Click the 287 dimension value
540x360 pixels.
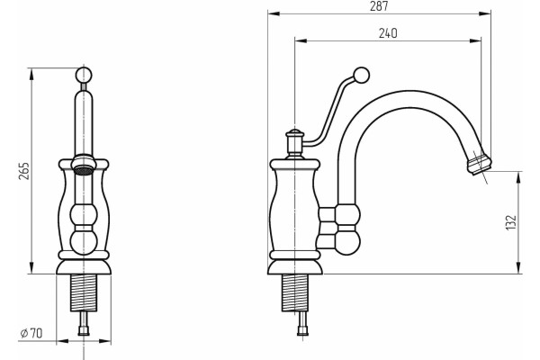[379, 6]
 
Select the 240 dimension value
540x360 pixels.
[388, 33]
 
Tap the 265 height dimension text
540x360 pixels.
[24, 170]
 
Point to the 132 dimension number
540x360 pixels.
[512, 222]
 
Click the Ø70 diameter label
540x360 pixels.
[31, 333]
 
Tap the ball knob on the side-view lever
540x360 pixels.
[361, 75]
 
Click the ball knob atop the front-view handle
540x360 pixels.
[84, 75]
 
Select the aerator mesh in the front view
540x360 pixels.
[84, 170]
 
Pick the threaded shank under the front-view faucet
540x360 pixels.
[84, 292]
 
